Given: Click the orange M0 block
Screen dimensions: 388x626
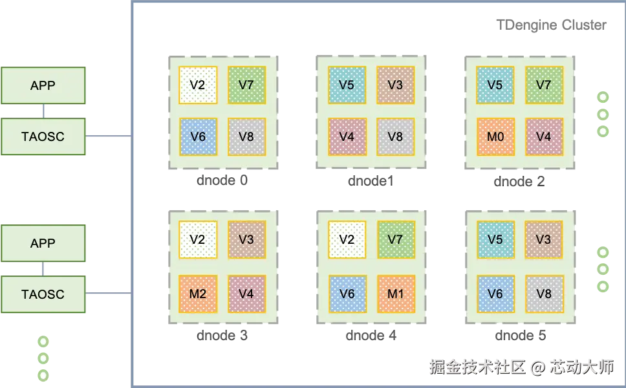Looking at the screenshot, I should tap(495, 136).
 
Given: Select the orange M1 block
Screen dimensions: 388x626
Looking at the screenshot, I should tap(395, 294).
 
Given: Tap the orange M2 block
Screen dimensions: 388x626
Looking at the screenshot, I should tap(198, 294).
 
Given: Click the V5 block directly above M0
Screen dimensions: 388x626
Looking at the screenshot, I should tap(495, 85).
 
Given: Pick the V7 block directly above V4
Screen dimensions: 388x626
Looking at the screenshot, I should tap(543, 85).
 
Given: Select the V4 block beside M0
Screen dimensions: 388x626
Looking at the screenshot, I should tap(543, 136).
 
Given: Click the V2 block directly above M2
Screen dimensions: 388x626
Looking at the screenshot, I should tap(198, 239).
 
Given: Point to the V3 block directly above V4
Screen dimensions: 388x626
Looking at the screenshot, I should tap(246, 239).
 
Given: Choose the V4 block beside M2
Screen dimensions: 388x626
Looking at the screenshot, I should tap(246, 294).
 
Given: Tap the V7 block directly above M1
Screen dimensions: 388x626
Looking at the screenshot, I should tap(395, 239).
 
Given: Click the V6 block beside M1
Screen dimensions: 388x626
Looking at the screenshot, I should tap(347, 294).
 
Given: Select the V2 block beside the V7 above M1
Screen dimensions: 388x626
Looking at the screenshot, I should tap(347, 239).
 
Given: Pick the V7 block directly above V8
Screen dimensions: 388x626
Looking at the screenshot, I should tap(246, 85).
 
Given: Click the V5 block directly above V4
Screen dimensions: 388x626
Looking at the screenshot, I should tap(347, 85).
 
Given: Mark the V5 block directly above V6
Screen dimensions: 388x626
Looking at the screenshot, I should tap(495, 239).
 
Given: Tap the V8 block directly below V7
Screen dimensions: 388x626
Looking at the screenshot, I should tap(246, 136).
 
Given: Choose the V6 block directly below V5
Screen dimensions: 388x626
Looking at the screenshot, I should tap(495, 294).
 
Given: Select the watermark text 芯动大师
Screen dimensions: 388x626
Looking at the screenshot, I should tap(580, 367).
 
